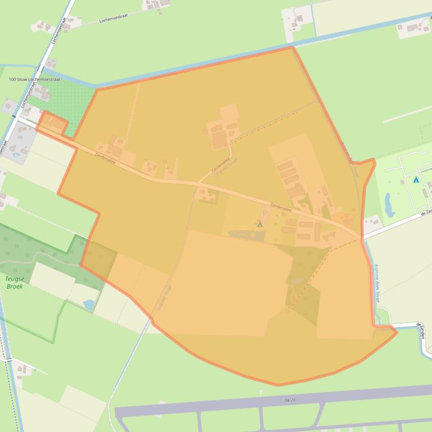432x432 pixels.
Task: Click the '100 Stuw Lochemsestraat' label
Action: [x=34, y=80]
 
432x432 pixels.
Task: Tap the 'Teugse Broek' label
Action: [x=15, y=282]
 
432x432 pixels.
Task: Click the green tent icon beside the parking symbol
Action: [x=260, y=224]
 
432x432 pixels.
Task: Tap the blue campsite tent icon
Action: [x=416, y=180]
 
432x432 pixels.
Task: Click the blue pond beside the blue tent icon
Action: [x=389, y=205]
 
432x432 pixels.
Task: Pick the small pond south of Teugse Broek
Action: [x=89, y=304]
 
